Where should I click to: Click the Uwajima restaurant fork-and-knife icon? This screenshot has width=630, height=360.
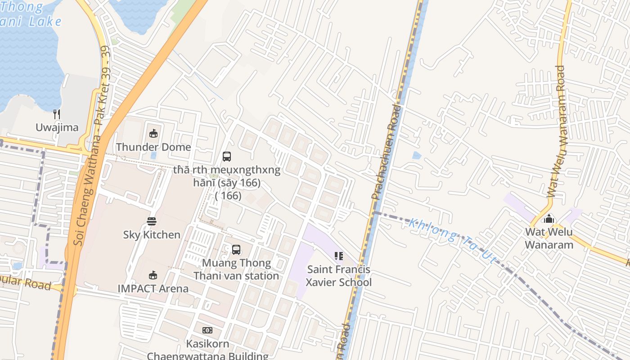point(57,114)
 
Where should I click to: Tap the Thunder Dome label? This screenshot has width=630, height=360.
point(153,147)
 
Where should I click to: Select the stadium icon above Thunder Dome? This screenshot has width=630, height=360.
point(153,133)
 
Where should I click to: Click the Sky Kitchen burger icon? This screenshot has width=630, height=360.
point(152,221)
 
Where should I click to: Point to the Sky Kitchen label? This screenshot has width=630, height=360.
point(152,235)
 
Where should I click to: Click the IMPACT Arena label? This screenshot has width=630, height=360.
point(153,288)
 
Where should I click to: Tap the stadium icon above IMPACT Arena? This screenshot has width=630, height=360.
point(153,275)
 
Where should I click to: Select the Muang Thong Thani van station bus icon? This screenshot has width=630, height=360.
point(236,249)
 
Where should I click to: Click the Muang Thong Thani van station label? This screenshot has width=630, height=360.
point(236,269)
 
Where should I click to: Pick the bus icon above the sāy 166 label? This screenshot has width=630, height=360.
point(227,157)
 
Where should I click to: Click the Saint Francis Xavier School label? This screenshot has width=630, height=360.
point(339,276)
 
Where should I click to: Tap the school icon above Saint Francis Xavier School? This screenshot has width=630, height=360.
point(339,256)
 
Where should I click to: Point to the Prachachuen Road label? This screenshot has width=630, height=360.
point(386,152)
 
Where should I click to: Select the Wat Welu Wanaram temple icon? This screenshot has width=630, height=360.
point(549,219)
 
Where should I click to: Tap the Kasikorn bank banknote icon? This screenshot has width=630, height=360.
point(207,330)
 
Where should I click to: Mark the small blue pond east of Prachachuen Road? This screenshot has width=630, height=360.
point(417,156)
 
